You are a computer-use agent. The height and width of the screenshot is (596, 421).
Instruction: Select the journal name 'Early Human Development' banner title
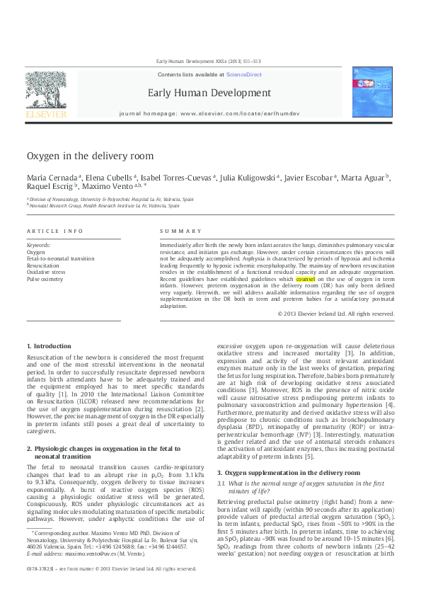[209, 93]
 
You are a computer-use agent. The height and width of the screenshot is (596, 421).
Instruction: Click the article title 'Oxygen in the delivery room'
[89, 156]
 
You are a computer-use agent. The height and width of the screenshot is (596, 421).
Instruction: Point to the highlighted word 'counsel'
[306, 280]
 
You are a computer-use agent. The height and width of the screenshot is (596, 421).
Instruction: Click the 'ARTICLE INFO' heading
[54, 231]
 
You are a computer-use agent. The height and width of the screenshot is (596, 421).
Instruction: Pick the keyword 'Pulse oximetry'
[45, 280]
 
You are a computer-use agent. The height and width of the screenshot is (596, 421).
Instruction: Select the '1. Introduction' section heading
[48, 345]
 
